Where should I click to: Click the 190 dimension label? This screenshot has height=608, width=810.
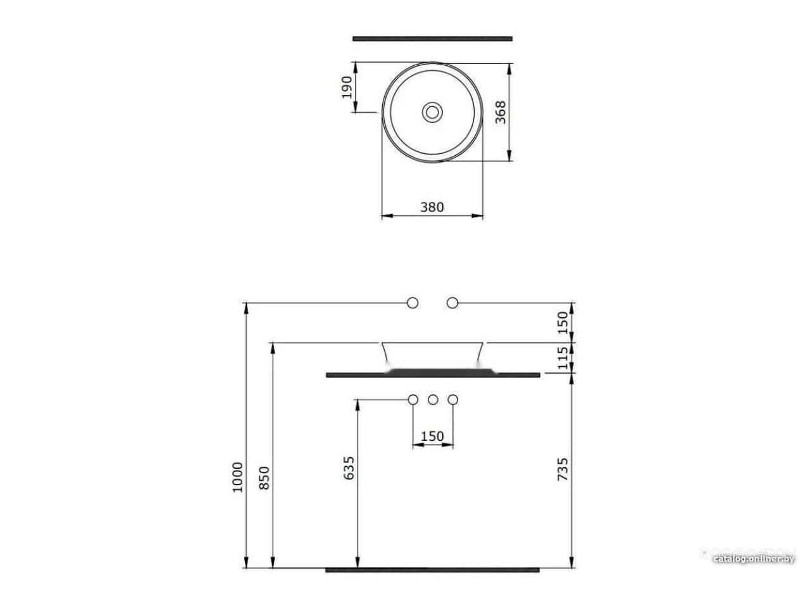tap(347, 87)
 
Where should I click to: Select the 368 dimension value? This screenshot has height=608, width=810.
tap(501, 112)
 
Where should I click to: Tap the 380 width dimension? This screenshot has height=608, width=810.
tap(432, 207)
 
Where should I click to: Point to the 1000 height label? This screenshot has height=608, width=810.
tap(238, 477)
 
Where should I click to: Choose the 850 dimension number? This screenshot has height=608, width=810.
tap(265, 478)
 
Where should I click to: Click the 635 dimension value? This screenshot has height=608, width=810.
tap(349, 468)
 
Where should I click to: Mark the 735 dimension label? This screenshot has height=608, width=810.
tap(563, 469)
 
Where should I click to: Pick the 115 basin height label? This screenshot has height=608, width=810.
tap(563, 358)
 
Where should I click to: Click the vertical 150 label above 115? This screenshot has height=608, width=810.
tap(563, 322)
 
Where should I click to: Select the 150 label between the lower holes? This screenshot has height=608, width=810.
tap(432, 436)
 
